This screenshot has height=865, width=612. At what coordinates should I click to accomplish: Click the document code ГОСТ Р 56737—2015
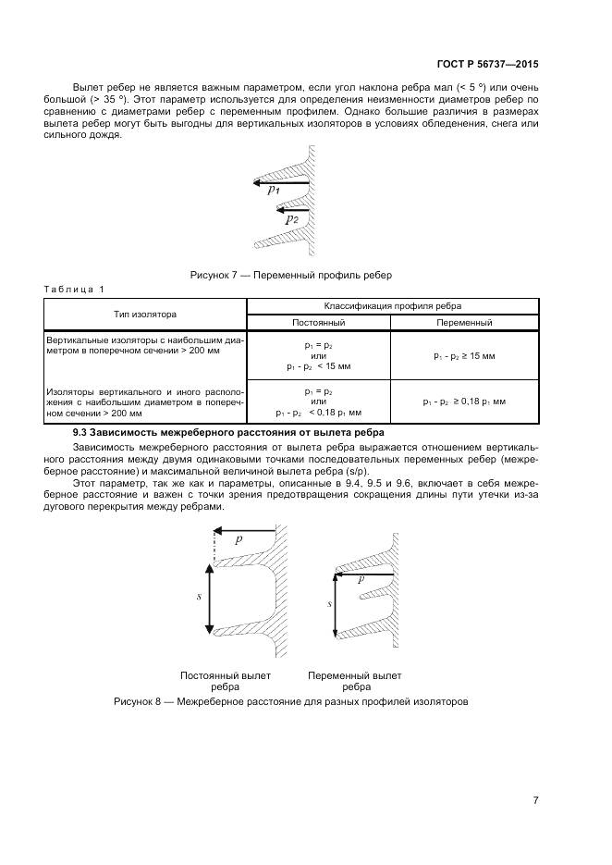pyautogui.click(x=487, y=65)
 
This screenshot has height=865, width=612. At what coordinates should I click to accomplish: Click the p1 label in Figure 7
pyautogui.click(x=274, y=191)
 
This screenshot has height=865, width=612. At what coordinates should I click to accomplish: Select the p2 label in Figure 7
pyautogui.click(x=290, y=219)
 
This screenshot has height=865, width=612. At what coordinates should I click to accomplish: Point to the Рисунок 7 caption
pyautogui.click(x=291, y=275)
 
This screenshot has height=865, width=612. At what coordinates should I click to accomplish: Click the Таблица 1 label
pyautogui.click(x=75, y=290)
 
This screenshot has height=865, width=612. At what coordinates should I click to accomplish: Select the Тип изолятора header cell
pyautogui.click(x=145, y=315)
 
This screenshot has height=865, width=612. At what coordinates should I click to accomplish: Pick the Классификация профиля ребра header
pyautogui.click(x=392, y=305)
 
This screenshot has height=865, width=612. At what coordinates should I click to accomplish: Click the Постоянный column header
pyautogui.click(x=319, y=323)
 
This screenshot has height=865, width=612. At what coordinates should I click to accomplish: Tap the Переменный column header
pyautogui.click(x=464, y=323)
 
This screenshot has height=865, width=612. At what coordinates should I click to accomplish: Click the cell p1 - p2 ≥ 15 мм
pyautogui.click(x=464, y=355)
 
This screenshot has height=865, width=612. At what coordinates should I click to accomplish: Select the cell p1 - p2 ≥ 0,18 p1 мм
pyautogui.click(x=464, y=402)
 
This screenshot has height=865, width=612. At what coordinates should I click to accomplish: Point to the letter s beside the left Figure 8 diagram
pyautogui.click(x=199, y=597)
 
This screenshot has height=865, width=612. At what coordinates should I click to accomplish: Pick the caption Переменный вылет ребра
pyautogui.click(x=356, y=681)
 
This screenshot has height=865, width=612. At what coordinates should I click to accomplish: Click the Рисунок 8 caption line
pyautogui.click(x=291, y=700)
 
